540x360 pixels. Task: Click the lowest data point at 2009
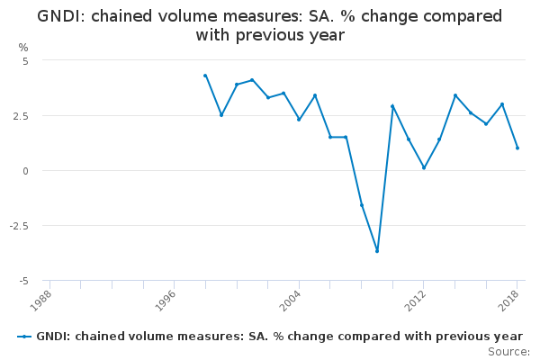377,251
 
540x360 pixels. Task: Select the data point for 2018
517,148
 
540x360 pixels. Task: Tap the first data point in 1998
205,76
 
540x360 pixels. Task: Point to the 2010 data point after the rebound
392,106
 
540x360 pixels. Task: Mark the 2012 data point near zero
424,167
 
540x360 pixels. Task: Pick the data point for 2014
455,95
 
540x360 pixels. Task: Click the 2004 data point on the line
299,120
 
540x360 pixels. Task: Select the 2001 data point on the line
252,80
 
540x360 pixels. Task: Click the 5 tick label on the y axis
26,60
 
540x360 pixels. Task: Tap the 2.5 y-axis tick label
22,116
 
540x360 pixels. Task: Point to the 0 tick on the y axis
26,171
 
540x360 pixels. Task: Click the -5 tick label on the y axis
24,281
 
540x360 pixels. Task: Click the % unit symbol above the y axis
23,47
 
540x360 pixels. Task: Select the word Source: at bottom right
508,351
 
